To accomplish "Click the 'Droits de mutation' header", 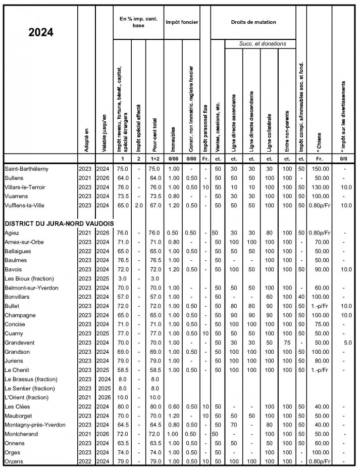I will pos(253,22).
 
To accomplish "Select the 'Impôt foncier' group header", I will pos(182,22).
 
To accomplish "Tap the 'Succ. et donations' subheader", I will pos(262,44).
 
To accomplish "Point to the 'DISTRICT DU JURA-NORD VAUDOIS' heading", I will pos(59,223).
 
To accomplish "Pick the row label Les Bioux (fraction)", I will pos(29,278).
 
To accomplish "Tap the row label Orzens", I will pos(15,461).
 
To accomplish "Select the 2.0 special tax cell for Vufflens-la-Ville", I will pos(138,206).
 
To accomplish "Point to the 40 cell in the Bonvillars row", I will pos(301,297).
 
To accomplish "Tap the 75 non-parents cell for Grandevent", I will pos(287,343).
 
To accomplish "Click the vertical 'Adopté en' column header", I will pos(86,136).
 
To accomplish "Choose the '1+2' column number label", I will pos(155,159).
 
